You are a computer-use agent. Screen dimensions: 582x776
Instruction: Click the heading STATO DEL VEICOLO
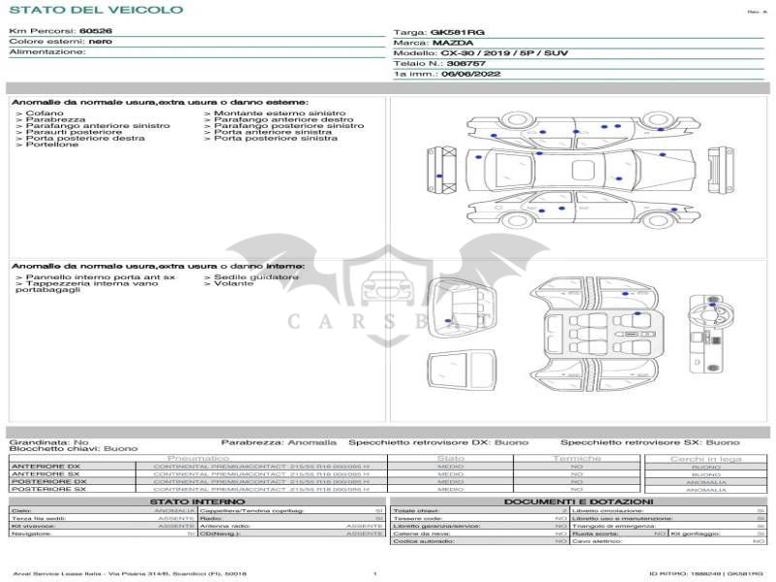coord(96,10)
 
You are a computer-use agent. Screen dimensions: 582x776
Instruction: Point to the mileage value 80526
coord(95,31)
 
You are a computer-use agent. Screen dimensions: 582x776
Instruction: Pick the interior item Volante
coord(234,284)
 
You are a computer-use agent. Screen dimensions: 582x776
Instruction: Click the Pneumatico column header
coord(198,458)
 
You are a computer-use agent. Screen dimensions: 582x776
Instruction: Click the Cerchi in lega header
coord(705,459)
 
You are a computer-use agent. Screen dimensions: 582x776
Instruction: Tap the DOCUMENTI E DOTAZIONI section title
coord(578,501)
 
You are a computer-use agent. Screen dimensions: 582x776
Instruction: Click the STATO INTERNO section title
coord(198,501)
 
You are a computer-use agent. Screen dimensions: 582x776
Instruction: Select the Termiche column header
coord(577,458)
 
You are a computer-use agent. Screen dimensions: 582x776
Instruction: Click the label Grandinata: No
coord(48,441)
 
